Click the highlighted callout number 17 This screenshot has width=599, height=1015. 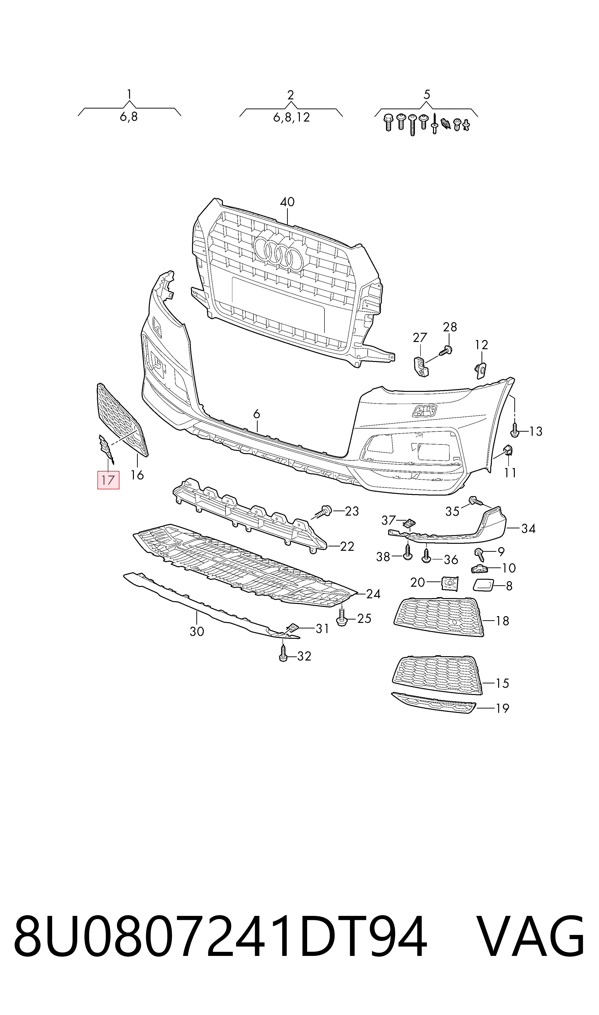click(108, 480)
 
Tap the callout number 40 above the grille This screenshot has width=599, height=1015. click(287, 202)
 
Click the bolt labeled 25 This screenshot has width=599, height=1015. click(342, 618)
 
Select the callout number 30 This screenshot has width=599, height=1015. click(197, 631)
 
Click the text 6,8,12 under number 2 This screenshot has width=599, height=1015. click(291, 117)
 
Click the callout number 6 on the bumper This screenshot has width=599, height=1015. click(257, 414)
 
